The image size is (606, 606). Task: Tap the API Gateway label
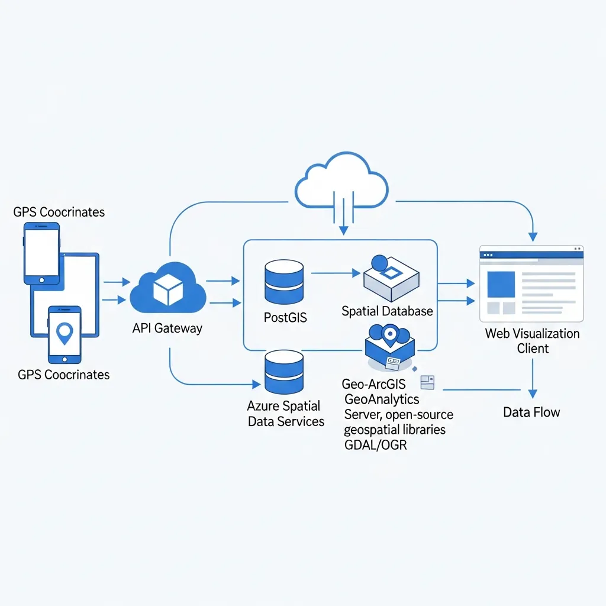pos(167,328)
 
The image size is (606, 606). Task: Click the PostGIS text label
pos(285,317)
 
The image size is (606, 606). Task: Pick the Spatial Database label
pos(387,311)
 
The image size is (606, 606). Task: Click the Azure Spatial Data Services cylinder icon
pos(284,372)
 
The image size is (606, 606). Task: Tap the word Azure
pos(266,406)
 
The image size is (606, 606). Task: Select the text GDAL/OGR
pos(375,445)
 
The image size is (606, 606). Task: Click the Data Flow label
pos(531,412)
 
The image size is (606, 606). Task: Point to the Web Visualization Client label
pos(532,340)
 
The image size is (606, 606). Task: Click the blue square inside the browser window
pos(501,284)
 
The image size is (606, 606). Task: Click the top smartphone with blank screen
pos(41,253)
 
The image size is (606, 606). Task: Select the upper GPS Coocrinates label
pos(59,212)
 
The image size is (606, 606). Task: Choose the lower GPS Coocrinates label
pos(63,375)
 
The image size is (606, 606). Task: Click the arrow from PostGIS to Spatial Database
pos(335,273)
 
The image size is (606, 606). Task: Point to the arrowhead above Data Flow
pos(532,393)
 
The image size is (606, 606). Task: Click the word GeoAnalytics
pos(382,399)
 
